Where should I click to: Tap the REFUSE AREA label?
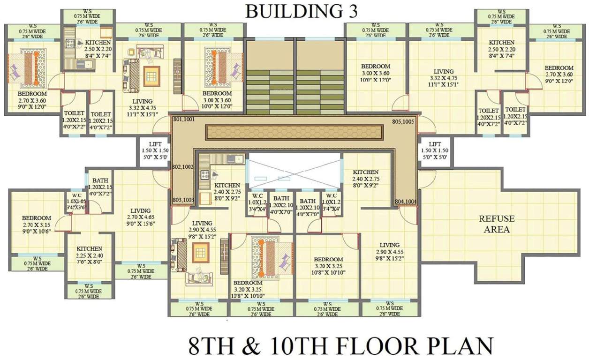pyautogui.click(x=497, y=224)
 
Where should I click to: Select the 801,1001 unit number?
pyautogui.click(x=183, y=120)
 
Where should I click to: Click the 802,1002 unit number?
pyautogui.click(x=183, y=167)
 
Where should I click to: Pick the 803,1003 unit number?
pyautogui.click(x=183, y=200)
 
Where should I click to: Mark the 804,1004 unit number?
pyautogui.click(x=406, y=202)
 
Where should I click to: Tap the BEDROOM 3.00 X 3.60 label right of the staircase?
pyautogui.click(x=376, y=73)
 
